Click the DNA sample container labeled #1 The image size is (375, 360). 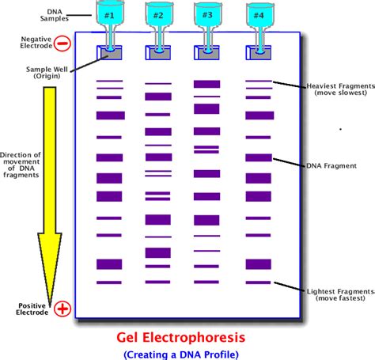click(110, 15)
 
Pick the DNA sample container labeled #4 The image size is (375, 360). click(258, 15)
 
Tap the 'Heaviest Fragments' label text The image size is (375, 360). click(333, 89)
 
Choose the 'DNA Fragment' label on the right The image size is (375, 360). click(332, 165)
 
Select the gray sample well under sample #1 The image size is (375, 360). click(110, 53)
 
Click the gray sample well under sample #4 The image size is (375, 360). click(258, 53)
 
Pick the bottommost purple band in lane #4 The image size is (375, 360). click(258, 282)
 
